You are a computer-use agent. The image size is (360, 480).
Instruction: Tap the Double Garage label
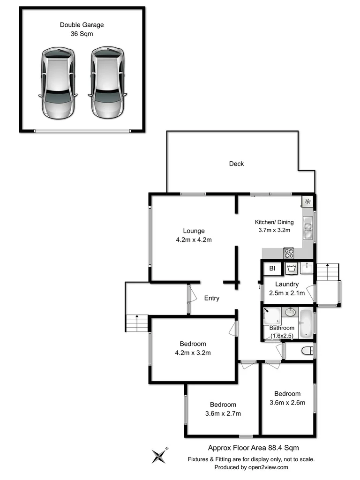point(82,25)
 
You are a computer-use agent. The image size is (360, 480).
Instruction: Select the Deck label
point(236,164)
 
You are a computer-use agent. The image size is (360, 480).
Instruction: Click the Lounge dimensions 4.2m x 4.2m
point(194,240)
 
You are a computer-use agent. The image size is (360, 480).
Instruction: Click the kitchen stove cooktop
point(288,253)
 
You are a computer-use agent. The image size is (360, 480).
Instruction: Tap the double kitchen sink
point(308,229)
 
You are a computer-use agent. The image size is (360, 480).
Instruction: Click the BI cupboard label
point(272,269)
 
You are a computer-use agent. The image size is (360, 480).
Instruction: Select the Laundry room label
point(287,284)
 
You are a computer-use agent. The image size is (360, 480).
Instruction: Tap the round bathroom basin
point(291,312)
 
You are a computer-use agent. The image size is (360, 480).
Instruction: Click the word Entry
point(211,298)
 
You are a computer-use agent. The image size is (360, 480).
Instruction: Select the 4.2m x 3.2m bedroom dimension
point(194,352)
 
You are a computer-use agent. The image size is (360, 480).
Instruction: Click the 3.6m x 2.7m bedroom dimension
point(223,413)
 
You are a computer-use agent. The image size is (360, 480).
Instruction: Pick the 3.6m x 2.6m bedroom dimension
point(287,402)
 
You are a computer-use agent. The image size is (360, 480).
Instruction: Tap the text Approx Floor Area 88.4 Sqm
point(253,448)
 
